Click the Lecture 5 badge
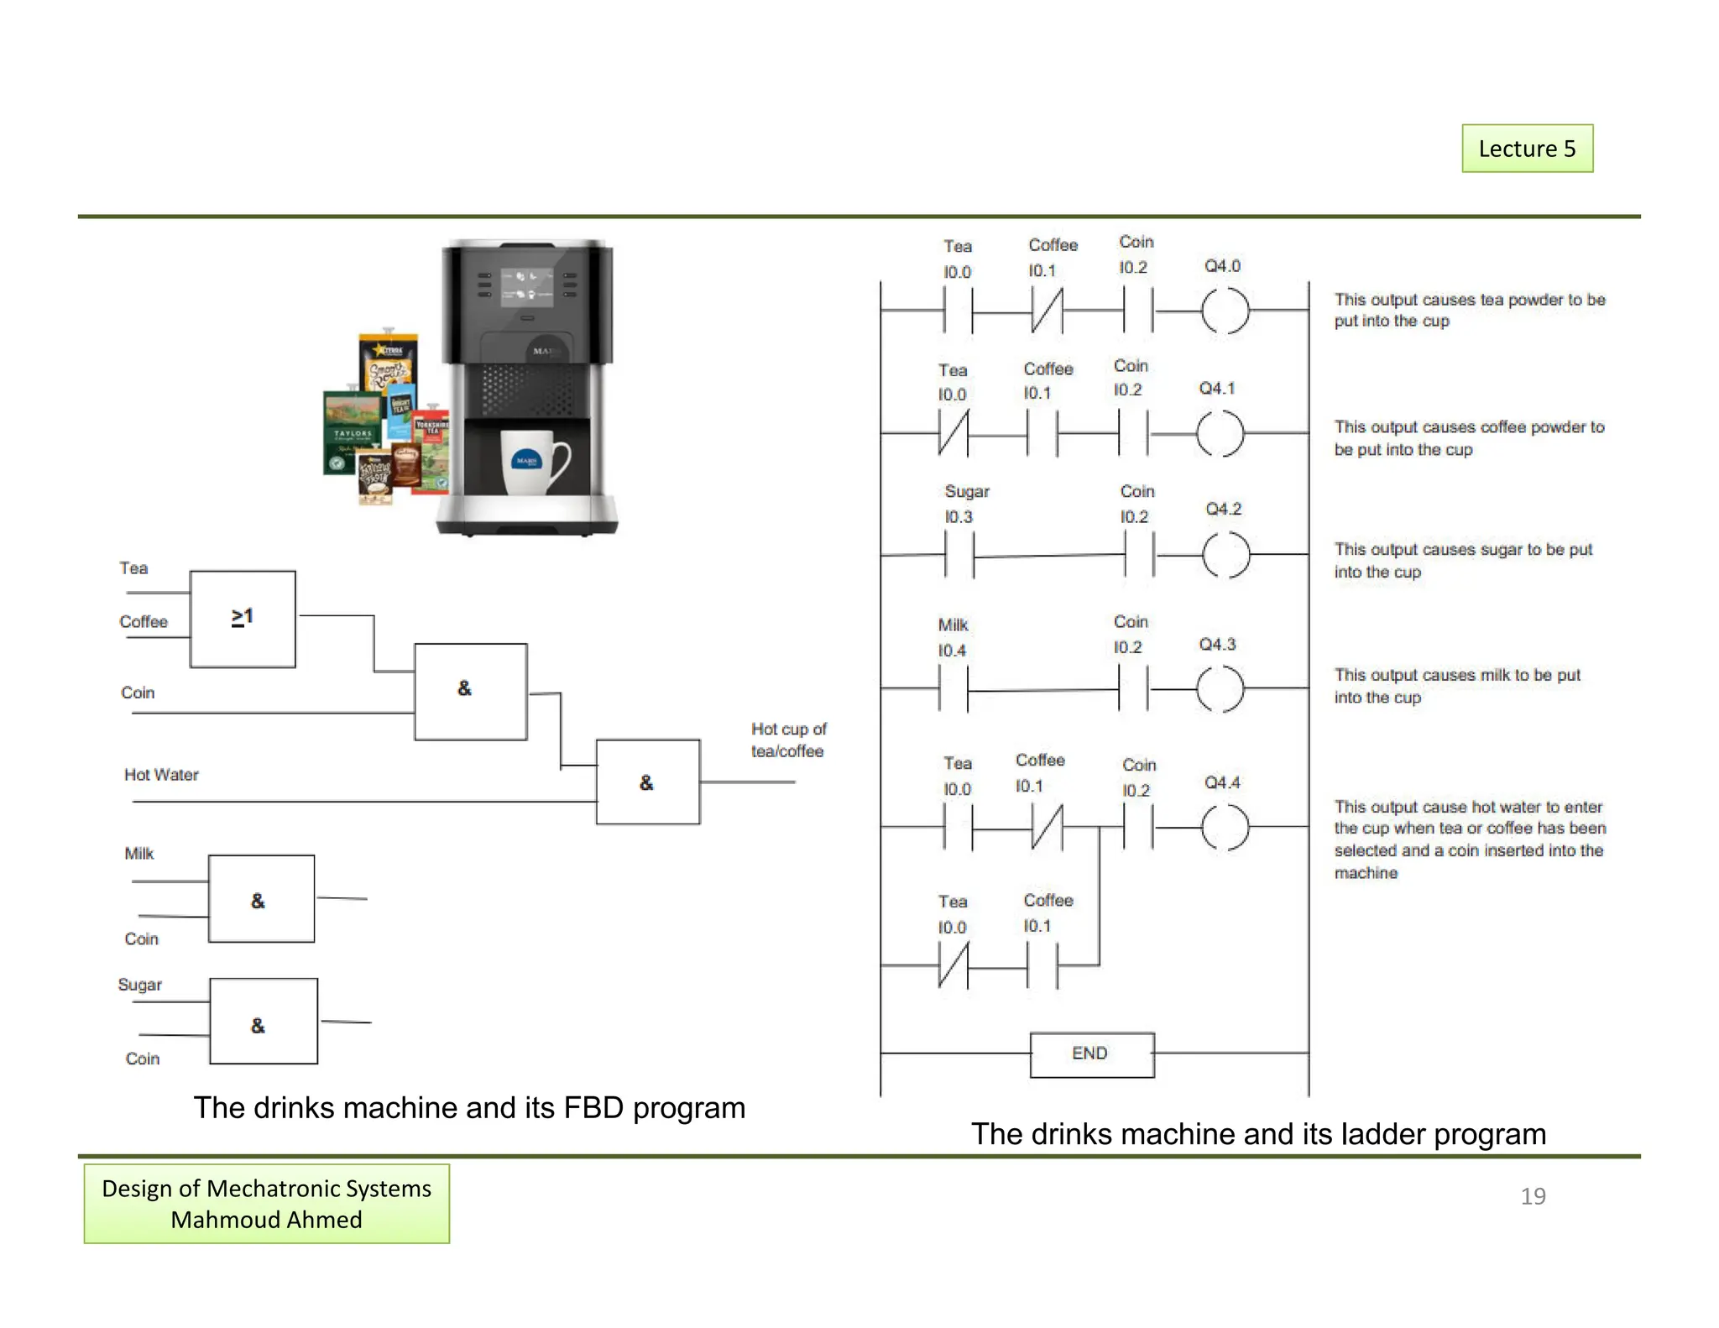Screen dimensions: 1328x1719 [1527, 149]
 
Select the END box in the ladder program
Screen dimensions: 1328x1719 [1091, 1054]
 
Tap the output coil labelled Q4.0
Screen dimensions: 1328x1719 [1225, 311]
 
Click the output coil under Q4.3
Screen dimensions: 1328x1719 [1220, 689]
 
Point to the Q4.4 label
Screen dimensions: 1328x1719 [1222, 782]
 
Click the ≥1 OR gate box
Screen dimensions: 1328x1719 [243, 619]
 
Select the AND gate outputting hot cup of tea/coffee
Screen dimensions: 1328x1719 [647, 782]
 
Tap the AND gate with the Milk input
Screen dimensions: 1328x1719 [261, 899]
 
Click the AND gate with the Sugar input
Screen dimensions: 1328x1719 [263, 1021]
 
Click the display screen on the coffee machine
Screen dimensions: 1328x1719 [526, 287]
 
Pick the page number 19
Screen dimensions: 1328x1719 [1533, 1196]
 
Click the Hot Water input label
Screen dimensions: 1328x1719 [161, 775]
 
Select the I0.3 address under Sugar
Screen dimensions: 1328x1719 [959, 517]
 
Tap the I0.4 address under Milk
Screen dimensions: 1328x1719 [952, 651]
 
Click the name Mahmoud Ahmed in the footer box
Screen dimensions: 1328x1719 [266, 1220]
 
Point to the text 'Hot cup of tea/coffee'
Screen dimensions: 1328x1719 [788, 740]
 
